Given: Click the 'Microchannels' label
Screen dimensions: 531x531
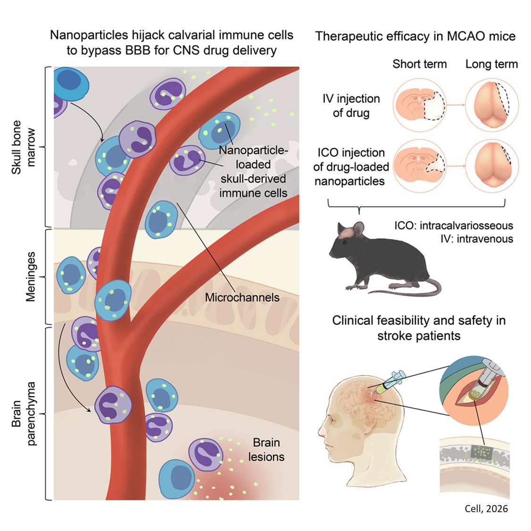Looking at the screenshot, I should click(242, 297).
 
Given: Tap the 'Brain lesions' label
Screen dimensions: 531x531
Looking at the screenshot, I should click(266, 450).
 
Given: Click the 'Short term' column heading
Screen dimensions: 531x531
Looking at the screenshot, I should click(419, 64).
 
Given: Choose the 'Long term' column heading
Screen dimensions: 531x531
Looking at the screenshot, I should click(491, 64).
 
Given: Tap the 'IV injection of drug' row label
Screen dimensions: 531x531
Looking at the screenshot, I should click(351, 106).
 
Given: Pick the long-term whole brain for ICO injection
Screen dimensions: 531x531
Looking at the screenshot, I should click(492, 167).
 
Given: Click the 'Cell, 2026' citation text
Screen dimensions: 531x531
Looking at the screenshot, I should click(486, 508).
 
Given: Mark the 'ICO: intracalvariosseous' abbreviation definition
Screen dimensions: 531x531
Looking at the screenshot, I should click(453, 226).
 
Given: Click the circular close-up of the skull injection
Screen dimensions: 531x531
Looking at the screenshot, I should click(473, 382).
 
